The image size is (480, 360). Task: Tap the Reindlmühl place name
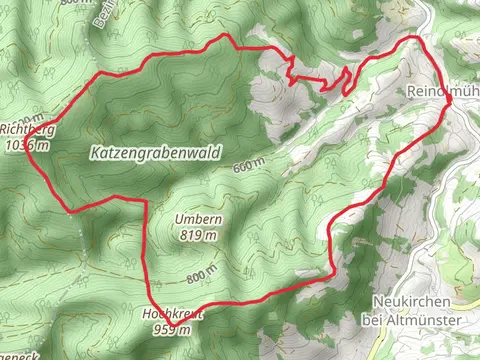tap(444, 92)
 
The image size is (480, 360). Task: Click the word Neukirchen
tap(412, 302)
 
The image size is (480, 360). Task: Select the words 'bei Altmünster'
tap(412, 319)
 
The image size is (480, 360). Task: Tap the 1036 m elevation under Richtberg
tap(25, 144)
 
